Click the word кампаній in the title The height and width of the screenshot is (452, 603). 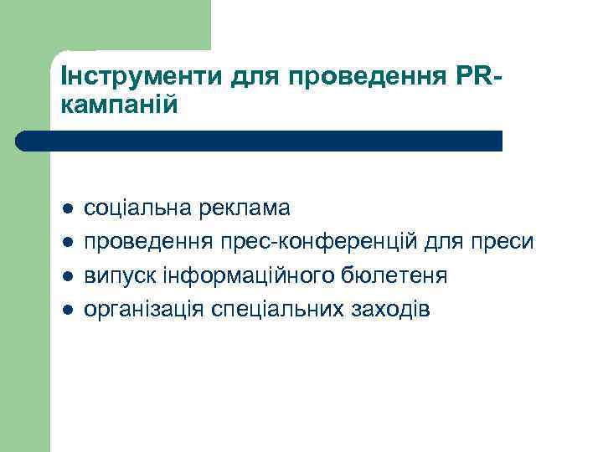(x=119, y=105)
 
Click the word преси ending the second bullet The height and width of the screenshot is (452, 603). (x=501, y=241)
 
